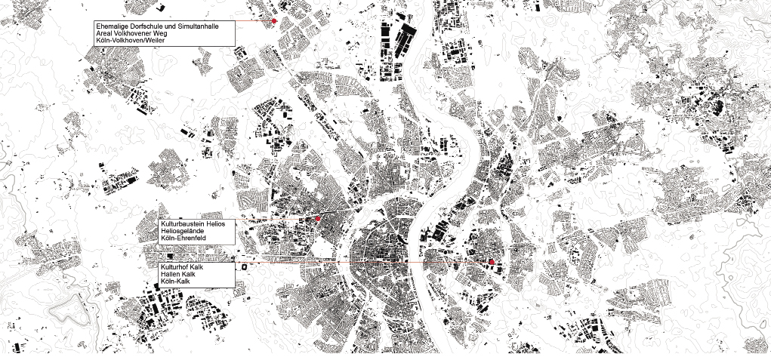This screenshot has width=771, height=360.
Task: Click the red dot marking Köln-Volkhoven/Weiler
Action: pyautogui.click(x=274, y=21)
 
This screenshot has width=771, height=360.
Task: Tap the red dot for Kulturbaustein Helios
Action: pyautogui.click(x=318, y=218)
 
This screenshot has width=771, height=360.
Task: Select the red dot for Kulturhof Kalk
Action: pyautogui.click(x=492, y=262)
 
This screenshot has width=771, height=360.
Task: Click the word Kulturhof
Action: pyautogui.click(x=173, y=268)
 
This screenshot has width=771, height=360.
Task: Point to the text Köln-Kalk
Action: pyautogui.click(x=174, y=283)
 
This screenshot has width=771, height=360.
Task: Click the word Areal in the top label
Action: pyautogui.click(x=103, y=34)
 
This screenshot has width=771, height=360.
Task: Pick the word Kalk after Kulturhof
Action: pyautogui.click(x=196, y=268)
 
